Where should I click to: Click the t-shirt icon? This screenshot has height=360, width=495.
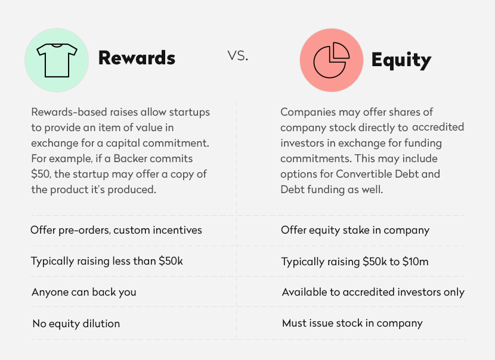57,60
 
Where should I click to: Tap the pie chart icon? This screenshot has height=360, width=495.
331,60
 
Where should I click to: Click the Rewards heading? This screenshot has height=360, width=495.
137,58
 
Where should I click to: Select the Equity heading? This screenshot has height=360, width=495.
401,60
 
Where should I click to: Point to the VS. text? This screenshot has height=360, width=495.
238,56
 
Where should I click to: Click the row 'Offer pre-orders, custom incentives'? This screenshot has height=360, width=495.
116,230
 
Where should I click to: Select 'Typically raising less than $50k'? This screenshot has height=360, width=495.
107,261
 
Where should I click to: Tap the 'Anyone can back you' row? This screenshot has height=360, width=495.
84,292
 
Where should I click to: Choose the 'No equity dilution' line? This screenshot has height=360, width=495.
76,324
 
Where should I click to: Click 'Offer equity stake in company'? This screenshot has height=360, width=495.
355,230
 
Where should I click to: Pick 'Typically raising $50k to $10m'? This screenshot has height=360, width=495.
355,262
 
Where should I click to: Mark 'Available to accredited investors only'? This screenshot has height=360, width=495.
373,292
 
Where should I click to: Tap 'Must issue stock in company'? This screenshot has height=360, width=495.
352,323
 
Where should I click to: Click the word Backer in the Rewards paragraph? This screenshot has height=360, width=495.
130,159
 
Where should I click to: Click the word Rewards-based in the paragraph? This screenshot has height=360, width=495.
69,112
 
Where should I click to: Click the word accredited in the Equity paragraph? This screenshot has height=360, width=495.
438,127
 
